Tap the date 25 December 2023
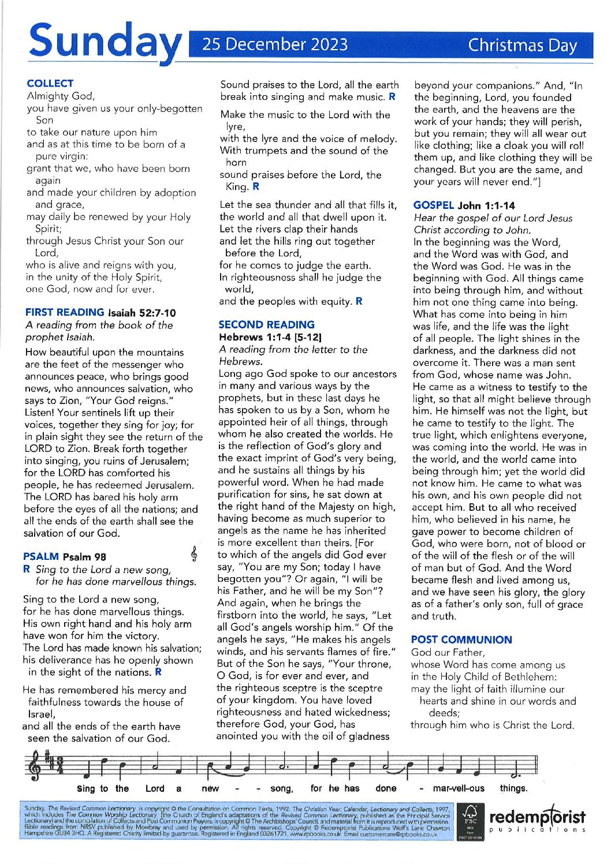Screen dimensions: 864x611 [275, 44]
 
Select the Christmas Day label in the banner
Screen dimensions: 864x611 [522, 45]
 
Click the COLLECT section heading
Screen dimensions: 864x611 [50, 83]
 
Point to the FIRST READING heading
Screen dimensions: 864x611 [65, 312]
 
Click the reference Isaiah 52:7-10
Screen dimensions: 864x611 [141, 313]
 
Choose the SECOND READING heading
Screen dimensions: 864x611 [266, 324]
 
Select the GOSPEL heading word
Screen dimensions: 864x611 [434, 205]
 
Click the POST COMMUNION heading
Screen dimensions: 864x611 [461, 639]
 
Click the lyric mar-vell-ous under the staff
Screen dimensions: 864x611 [459, 788]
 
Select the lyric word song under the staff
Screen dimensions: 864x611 [281, 788]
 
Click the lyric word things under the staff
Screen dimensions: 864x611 [513, 788]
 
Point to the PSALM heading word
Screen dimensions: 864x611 [41, 556]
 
